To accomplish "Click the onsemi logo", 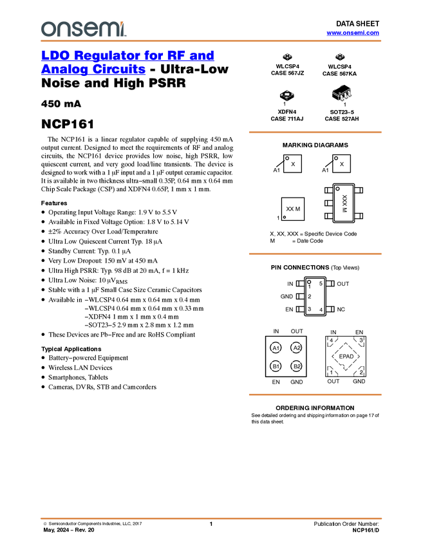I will click(x=83, y=29).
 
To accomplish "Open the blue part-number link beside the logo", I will click(x=353, y=33).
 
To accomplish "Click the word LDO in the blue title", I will click(x=54, y=55).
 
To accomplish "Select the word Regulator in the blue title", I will click(x=113, y=55).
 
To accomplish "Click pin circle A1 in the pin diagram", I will click(x=276, y=348).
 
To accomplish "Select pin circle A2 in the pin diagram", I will click(x=296, y=348).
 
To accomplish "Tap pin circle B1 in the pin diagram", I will click(x=276, y=366).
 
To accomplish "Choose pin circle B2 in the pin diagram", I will click(x=296, y=366).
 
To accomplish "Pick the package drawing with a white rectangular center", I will click(x=287, y=95).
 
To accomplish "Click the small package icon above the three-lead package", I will click(x=340, y=57).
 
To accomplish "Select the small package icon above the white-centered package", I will click(x=287, y=57).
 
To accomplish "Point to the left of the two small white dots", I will click(x=287, y=158).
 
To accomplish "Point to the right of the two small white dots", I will click(x=337, y=158).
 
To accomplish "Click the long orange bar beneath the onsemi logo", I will click(x=211, y=41).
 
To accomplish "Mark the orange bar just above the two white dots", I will click(x=315, y=132).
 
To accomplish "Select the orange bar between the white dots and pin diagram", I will click(x=315, y=254).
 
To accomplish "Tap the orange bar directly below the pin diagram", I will click(x=315, y=394).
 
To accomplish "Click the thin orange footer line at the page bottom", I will click(x=211, y=517).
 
